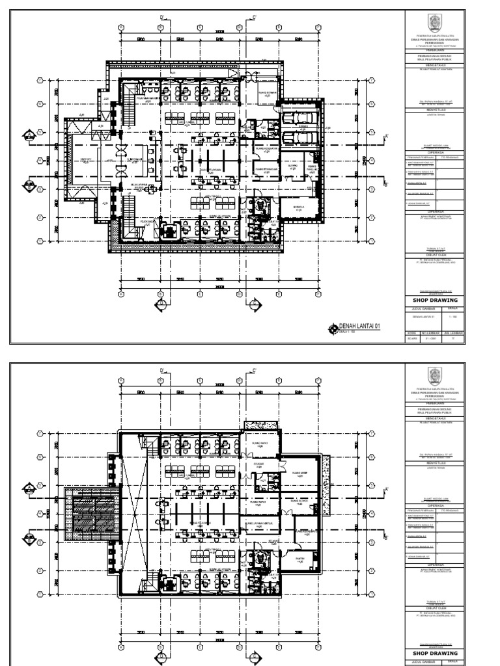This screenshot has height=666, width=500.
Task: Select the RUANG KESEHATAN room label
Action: coord(268,148)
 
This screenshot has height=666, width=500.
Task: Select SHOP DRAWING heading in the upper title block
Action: coord(436,300)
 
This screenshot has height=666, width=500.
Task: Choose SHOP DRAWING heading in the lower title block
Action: coord(436,653)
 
